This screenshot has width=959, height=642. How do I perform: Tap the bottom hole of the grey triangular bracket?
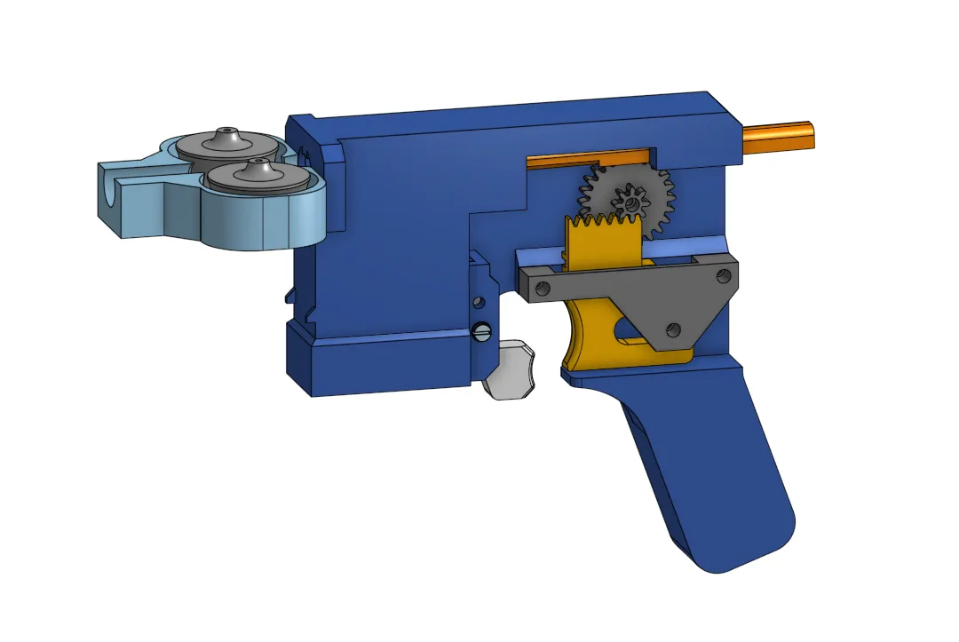tap(672, 330)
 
